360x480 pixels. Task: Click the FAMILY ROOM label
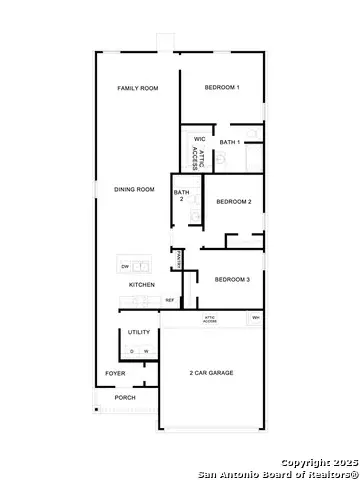tap(138, 89)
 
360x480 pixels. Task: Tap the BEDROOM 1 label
tap(222, 88)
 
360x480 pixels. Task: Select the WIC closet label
tap(199, 139)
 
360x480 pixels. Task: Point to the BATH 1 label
tap(230, 142)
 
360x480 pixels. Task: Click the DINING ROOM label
tap(134, 189)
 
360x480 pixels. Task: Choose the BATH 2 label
tap(181, 195)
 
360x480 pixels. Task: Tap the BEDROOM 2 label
tap(233, 202)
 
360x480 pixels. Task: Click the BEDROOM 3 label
tap(231, 279)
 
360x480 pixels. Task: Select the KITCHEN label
tap(142, 285)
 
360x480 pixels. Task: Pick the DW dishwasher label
tap(125, 267)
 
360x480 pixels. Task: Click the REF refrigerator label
tap(170, 299)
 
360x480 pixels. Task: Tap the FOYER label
tap(116, 374)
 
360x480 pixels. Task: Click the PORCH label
tap(125, 397)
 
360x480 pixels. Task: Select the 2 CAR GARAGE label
tap(211, 373)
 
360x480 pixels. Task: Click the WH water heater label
tap(256, 318)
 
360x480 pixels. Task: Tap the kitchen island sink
tap(142, 266)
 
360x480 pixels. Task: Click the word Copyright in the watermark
tap(305, 463)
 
